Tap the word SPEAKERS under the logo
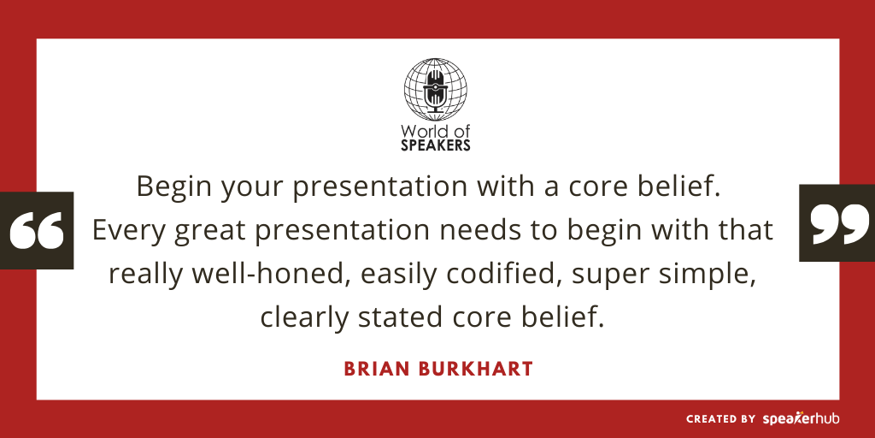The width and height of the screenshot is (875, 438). point(437,145)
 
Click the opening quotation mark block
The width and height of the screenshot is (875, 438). point(38,230)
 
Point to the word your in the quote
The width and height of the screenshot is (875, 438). point(244,186)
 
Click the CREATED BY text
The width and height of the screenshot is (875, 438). point(720,419)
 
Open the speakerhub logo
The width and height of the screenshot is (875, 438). point(801,419)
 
